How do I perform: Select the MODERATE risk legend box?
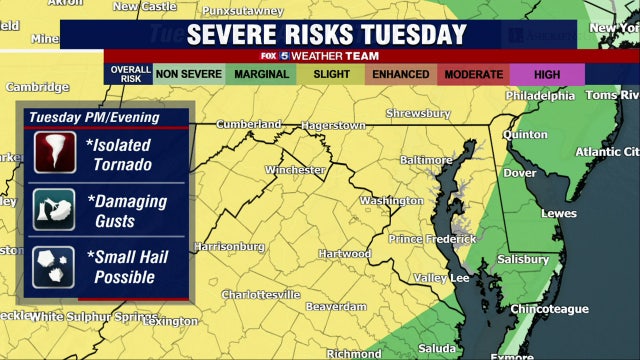[475, 75]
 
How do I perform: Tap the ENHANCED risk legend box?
[400, 75]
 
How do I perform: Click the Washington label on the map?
[391, 200]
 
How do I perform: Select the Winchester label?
[295, 170]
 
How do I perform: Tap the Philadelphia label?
[540, 96]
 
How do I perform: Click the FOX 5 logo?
[297, 56]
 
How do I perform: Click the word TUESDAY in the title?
[413, 34]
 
